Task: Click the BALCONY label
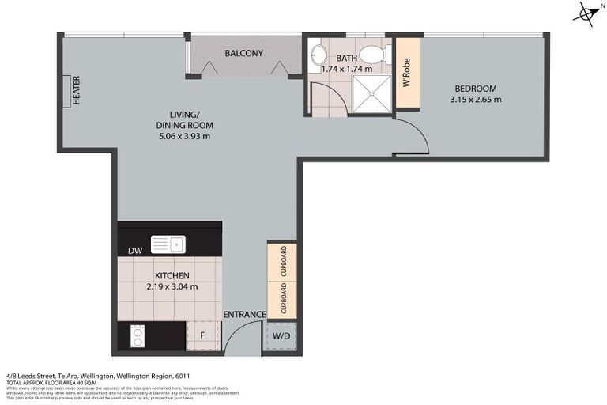[x=243, y=54]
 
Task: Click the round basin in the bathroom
[x=319, y=55]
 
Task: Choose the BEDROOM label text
[x=475, y=88]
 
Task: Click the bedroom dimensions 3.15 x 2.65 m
[x=475, y=100]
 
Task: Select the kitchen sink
[x=168, y=244]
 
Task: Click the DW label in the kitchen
[x=134, y=252]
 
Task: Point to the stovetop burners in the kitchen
[x=137, y=337]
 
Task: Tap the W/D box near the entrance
[x=282, y=336]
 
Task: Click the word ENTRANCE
[x=244, y=315]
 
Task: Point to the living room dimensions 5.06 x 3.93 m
[x=184, y=136]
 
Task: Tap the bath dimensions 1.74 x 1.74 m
[x=346, y=70]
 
